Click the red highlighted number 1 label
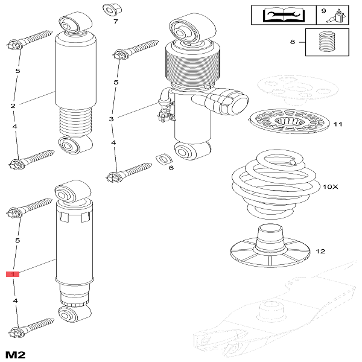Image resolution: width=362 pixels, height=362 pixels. pyautogui.click(x=13, y=274)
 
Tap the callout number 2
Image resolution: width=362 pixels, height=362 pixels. pyautogui.click(x=13, y=106)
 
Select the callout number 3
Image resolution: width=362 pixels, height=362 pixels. pyautogui.click(x=111, y=119)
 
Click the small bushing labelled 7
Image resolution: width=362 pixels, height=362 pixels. pyautogui.click(x=110, y=10)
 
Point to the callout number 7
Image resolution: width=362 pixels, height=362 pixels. pyautogui.click(x=116, y=21)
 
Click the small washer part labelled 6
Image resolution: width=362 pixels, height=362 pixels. pyautogui.click(x=162, y=159)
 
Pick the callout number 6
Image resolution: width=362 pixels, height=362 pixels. pyautogui.click(x=171, y=167)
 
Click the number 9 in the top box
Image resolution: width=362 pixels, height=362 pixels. pyautogui.click(x=323, y=11)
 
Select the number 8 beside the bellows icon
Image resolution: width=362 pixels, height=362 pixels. pyautogui.click(x=293, y=42)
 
